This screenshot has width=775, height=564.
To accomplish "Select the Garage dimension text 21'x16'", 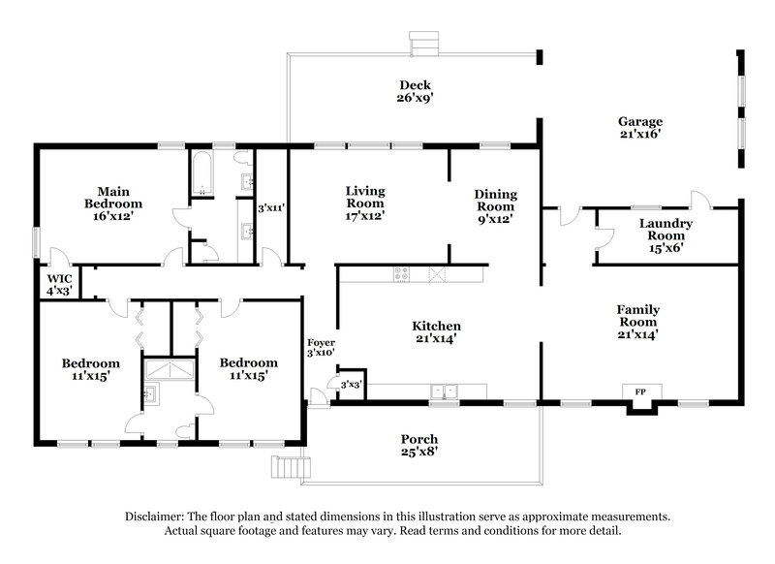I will pyautogui.click(x=640, y=135).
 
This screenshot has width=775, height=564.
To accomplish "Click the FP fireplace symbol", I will pyautogui.click(x=640, y=392).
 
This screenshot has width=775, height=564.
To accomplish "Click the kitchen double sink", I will pyautogui.click(x=446, y=392).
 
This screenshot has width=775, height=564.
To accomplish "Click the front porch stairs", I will pyautogui.click(x=287, y=469).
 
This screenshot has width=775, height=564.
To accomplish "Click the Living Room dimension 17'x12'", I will pyautogui.click(x=365, y=216).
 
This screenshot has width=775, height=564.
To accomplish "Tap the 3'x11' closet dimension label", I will pyautogui.click(x=270, y=207).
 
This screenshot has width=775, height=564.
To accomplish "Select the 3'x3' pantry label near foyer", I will pyautogui.click(x=351, y=386).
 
